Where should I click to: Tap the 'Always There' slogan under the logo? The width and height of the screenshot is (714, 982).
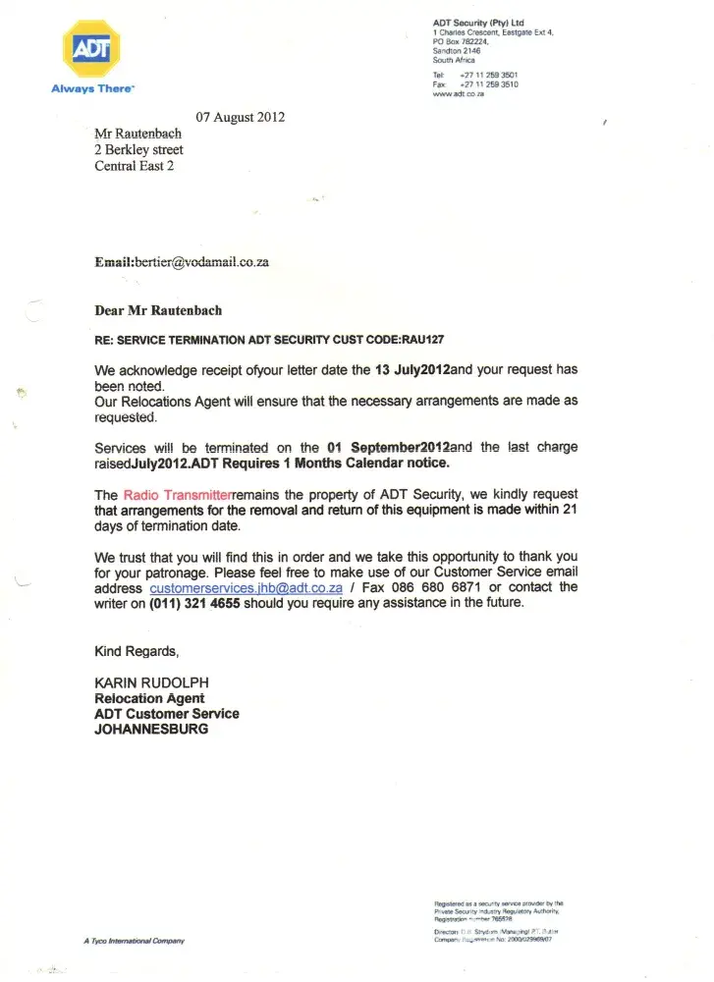click(x=92, y=88)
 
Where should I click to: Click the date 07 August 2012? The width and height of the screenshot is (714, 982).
click(x=241, y=117)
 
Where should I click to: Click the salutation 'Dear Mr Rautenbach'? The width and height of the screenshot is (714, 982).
click(x=158, y=310)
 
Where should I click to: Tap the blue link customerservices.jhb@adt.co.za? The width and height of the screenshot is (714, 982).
click(x=246, y=587)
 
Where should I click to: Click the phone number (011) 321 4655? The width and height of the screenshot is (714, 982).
click(x=194, y=603)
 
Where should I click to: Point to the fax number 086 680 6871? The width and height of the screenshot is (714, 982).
click(x=433, y=587)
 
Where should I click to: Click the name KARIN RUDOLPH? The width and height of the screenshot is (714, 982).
click(x=150, y=682)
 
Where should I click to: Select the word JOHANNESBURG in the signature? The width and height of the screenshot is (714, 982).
click(x=151, y=730)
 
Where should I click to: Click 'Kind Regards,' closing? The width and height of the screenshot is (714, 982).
click(x=137, y=651)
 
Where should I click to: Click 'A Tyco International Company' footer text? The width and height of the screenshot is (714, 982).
click(x=135, y=941)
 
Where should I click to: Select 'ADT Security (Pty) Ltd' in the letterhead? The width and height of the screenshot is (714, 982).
click(x=478, y=23)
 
